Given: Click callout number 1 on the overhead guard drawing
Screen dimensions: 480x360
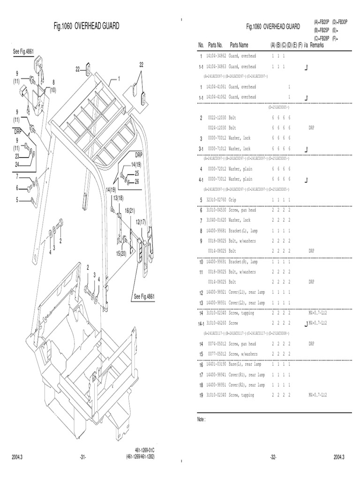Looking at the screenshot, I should point(119,79).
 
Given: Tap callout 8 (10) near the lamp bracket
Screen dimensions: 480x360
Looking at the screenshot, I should point(53,85).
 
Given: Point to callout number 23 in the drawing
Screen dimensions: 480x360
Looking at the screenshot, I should point(17,157).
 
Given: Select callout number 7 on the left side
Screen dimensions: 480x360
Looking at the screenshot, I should point(17,176).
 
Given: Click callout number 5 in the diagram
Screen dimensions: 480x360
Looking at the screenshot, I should point(17,200).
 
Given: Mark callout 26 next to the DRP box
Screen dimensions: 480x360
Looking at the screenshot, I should point(136,181).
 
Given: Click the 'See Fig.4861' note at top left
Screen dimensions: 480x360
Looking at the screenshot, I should point(22,52).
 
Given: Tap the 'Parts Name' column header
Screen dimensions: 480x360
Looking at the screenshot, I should point(239,45).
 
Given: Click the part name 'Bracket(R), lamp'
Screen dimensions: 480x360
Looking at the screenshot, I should point(243,262).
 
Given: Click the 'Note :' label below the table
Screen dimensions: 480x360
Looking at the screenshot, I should point(202,420).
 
